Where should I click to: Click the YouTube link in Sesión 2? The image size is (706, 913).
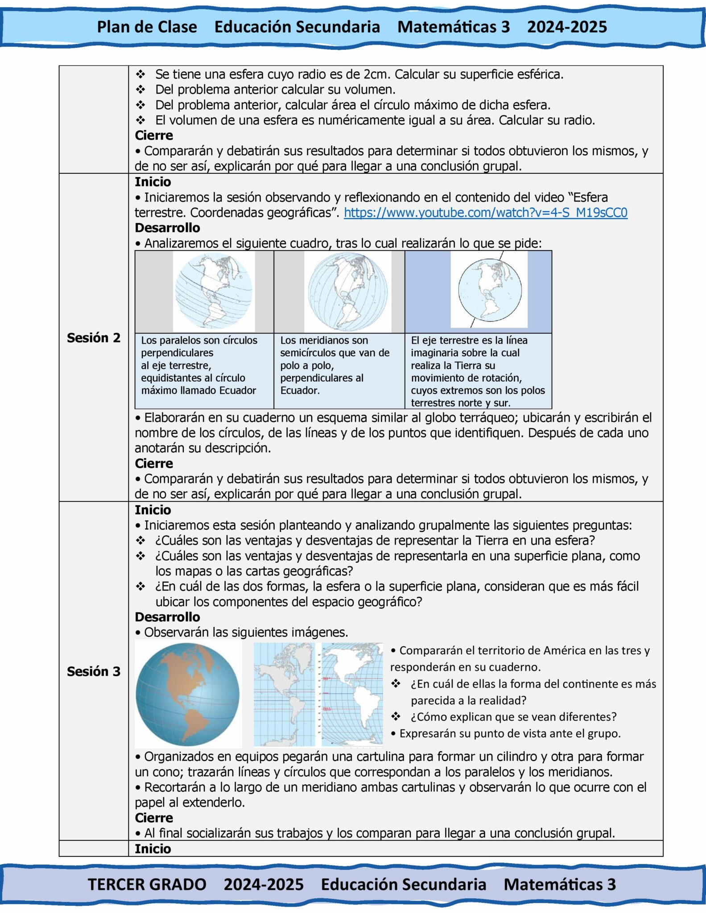coord(485,213)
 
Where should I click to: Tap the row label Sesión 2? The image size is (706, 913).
coord(94,338)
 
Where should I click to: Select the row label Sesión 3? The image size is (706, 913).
coord(94,671)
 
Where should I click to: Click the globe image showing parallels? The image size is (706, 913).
coord(214,292)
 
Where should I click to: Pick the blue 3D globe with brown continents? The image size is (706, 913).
coord(188,694)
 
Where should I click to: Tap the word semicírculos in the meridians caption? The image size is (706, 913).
coord(308,353)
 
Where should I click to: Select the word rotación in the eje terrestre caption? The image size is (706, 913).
coord(500,378)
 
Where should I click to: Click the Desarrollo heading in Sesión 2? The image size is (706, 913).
coord(167,228)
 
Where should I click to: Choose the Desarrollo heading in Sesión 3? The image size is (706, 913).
coord(167,617)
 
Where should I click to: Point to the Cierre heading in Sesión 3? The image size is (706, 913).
coord(154,818)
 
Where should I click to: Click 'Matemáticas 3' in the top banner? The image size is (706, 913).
coord(453,27)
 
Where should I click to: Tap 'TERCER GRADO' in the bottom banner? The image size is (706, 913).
coord(147,884)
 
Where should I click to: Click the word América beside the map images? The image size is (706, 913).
coord(500,650)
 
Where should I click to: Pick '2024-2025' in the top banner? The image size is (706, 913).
coord(567,27)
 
